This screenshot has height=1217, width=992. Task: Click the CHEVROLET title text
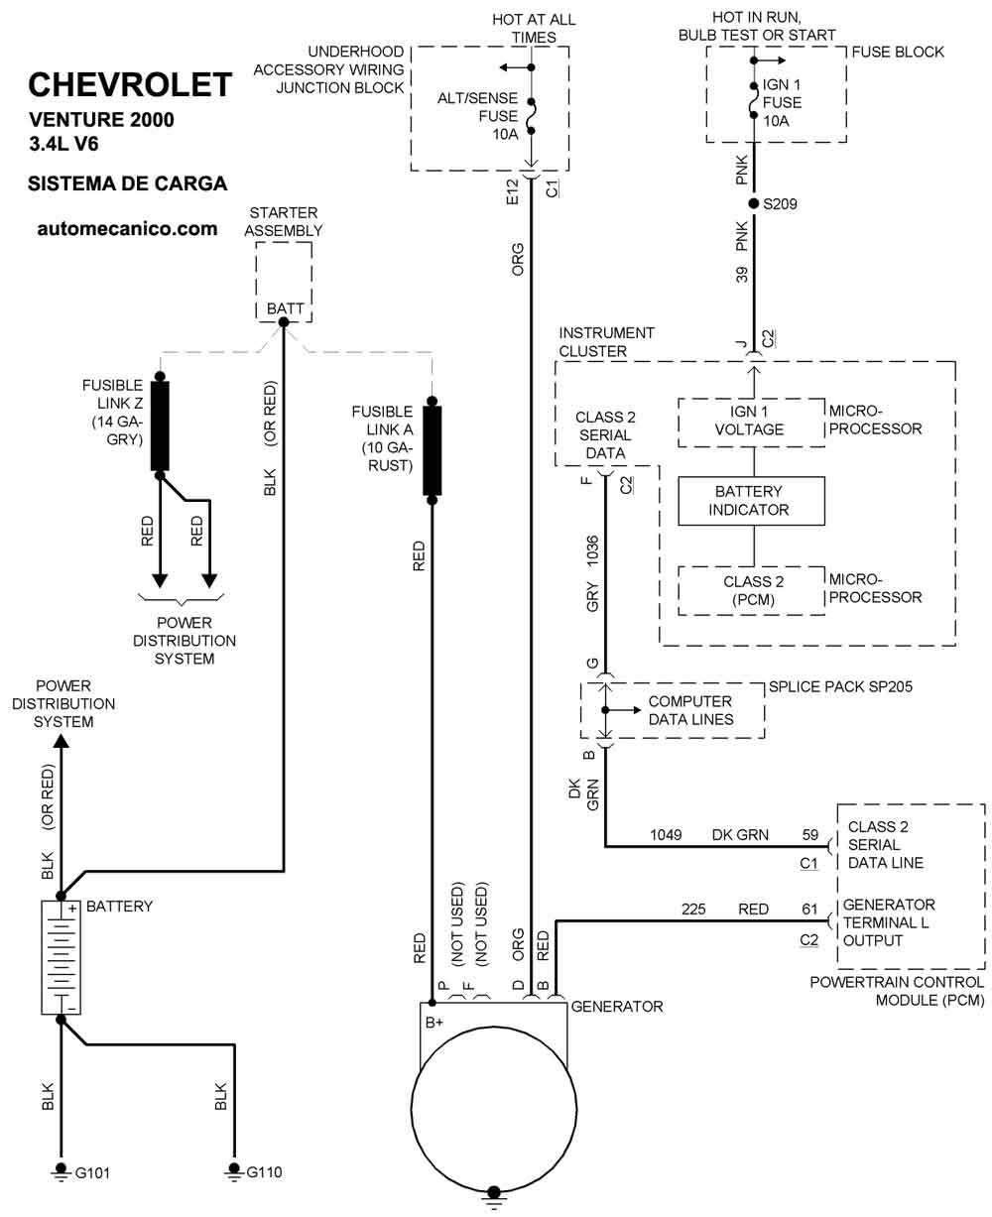click(x=130, y=84)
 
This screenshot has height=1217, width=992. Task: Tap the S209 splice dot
click(x=754, y=203)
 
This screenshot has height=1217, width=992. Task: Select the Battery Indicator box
click(x=751, y=501)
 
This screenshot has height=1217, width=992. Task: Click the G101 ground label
click(x=92, y=1173)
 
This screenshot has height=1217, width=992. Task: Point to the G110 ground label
click(x=264, y=1171)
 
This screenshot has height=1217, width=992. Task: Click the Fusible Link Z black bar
click(x=160, y=426)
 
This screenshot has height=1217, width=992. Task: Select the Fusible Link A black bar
click(x=432, y=450)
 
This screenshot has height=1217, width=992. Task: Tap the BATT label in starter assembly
click(x=285, y=308)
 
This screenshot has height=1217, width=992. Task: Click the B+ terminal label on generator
click(x=434, y=1023)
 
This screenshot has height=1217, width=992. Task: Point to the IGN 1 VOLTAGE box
click(x=751, y=423)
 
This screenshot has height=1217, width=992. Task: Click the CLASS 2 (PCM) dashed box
click(x=751, y=590)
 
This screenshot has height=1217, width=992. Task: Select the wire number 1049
click(x=666, y=835)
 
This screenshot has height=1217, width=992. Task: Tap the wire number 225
click(x=693, y=910)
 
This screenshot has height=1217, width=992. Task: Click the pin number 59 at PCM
click(x=810, y=835)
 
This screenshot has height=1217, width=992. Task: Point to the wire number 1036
click(x=592, y=550)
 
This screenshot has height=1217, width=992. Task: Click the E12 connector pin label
click(x=513, y=192)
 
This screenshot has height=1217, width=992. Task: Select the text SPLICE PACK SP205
click(x=840, y=686)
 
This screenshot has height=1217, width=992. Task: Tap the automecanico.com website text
click(x=127, y=229)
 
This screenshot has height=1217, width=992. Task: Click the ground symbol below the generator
click(x=494, y=1199)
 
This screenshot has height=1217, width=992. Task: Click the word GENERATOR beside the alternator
click(x=617, y=1006)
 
